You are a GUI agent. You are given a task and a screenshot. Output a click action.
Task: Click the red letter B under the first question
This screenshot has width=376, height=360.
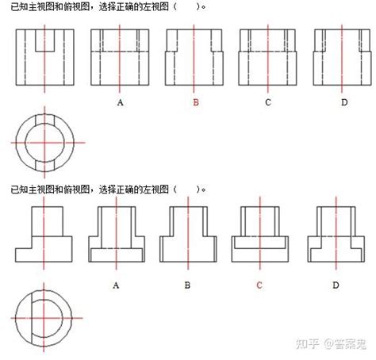(x=196, y=102)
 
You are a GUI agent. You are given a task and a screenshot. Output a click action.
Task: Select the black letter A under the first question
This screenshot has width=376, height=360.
(x=120, y=102)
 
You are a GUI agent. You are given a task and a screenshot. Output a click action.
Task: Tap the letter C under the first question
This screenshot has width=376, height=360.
(x=268, y=102)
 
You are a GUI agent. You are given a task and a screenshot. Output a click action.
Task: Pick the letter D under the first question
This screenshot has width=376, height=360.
(x=344, y=102)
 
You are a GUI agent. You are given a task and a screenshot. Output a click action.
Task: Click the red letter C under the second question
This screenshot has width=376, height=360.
(x=259, y=285)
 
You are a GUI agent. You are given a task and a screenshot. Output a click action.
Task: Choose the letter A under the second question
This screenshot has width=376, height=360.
(x=116, y=285)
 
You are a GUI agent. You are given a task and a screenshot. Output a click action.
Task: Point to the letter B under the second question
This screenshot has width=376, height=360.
(x=187, y=285)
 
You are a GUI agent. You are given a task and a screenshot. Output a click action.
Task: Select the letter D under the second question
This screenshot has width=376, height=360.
(x=336, y=285)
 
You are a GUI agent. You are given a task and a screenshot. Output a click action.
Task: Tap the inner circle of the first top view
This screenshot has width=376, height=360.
(x=25, y=143)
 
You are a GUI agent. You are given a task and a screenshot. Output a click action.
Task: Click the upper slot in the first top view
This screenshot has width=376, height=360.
(x=45, y=120)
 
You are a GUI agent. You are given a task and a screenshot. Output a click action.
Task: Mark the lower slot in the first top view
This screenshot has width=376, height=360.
(x=45, y=166)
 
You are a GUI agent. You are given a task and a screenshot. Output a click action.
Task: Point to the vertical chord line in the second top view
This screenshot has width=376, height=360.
(x=32, y=318)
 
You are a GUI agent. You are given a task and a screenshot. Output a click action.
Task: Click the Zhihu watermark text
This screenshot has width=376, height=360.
(x=331, y=343)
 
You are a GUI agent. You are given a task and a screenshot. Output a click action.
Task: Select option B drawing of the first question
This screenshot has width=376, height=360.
(x=194, y=57)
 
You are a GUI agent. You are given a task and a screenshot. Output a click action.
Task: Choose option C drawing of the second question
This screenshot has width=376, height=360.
(x=260, y=234)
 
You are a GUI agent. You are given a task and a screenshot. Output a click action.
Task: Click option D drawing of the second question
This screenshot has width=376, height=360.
(x=336, y=234)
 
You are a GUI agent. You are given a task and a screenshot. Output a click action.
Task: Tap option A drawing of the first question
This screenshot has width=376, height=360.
(x=120, y=57)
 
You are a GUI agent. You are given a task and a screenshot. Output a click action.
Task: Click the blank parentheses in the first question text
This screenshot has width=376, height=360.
(x=186, y=6)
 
